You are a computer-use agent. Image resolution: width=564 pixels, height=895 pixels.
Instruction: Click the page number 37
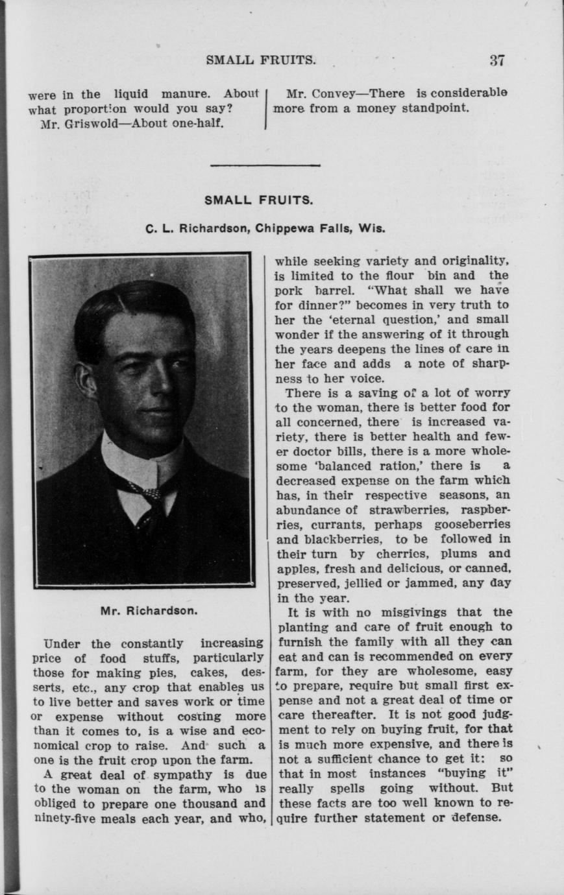[497, 61]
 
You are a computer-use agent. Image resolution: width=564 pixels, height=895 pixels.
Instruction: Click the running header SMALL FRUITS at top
[261, 61]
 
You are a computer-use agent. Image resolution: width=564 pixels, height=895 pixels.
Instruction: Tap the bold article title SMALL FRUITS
[259, 200]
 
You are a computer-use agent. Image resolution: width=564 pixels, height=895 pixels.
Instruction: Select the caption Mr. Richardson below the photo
[149, 610]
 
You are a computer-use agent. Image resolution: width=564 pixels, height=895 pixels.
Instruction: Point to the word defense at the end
[476, 817]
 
